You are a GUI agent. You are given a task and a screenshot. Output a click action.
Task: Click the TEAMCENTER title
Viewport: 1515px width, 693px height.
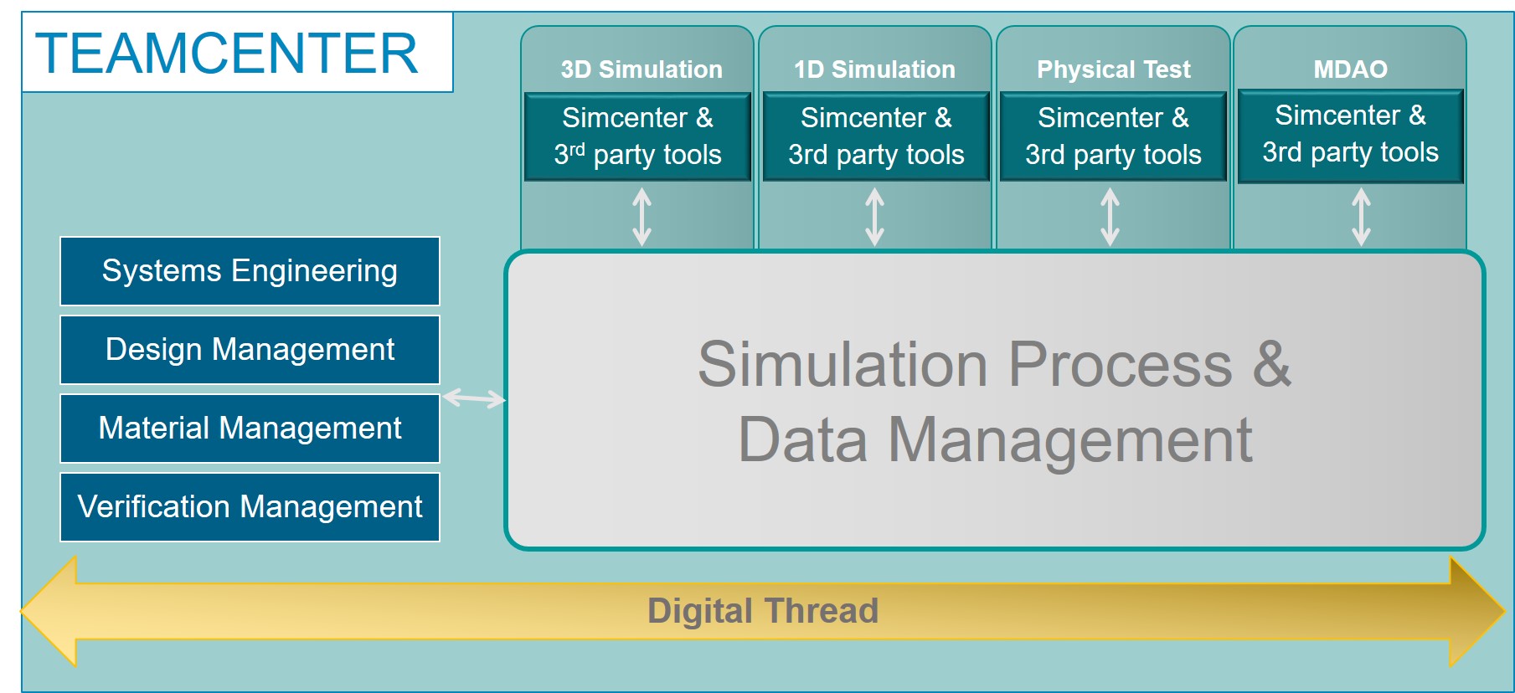[x=227, y=54]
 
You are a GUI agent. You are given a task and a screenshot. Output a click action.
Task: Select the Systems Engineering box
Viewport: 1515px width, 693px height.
[x=250, y=271]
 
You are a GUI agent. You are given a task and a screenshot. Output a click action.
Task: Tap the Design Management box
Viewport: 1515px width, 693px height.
[x=250, y=350]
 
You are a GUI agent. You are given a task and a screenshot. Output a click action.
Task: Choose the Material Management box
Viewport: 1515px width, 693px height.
[x=250, y=429]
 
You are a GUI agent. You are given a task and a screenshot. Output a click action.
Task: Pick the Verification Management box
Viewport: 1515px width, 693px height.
[x=250, y=507]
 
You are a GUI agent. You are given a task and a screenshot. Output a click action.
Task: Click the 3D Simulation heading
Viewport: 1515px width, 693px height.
[x=642, y=69]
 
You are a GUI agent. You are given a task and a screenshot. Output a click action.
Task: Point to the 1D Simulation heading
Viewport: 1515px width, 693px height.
[x=874, y=69]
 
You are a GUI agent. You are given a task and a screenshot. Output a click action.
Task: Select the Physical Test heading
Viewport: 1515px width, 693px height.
[x=1113, y=69]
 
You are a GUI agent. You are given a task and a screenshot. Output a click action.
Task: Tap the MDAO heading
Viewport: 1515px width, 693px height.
[x=1350, y=69]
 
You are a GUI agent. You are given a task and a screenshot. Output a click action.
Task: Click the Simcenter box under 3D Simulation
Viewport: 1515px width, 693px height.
[x=637, y=136]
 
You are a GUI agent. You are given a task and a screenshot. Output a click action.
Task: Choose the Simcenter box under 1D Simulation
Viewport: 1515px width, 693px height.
[x=876, y=136]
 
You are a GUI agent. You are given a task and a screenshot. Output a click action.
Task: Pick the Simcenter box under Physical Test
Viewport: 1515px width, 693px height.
[x=1113, y=136]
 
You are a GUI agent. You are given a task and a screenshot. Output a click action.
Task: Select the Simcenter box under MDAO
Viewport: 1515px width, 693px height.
[x=1350, y=135]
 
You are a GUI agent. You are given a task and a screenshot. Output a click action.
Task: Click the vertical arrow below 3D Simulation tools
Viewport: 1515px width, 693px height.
[x=642, y=217]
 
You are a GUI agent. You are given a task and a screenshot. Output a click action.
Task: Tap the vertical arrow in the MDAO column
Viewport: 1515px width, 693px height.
[x=1361, y=217]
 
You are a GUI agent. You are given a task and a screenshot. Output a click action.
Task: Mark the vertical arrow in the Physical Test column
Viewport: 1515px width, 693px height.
[x=1110, y=217]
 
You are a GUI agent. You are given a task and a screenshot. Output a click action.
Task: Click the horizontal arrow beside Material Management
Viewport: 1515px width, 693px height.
[x=473, y=398]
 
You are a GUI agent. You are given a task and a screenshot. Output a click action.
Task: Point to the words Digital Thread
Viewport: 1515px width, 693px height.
[x=763, y=611]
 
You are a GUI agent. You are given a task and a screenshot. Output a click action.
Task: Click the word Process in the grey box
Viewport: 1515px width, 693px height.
[x=1120, y=365]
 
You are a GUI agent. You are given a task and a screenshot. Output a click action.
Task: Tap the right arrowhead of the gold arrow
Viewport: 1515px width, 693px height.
[x=1476, y=611]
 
